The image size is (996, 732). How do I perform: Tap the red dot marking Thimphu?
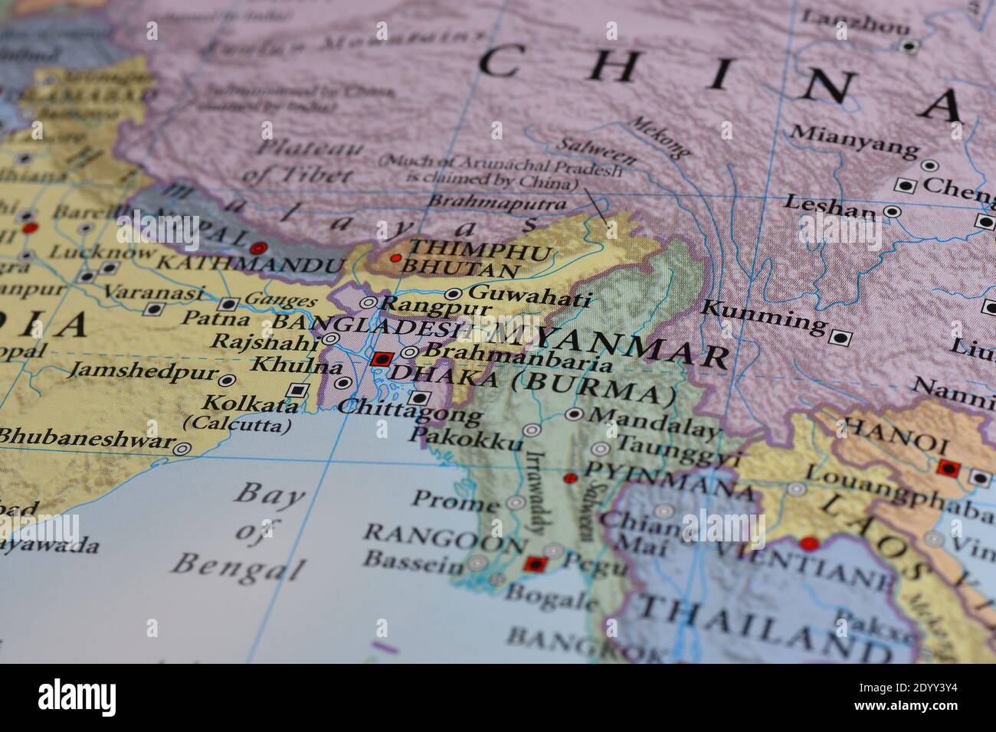(395, 258)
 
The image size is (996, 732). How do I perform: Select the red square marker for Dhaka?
(382, 358)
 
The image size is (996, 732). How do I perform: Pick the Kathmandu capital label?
(249, 266)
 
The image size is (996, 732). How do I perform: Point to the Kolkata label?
(250, 404)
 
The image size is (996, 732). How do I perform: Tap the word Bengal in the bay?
(237, 567)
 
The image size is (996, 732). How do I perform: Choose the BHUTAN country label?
(460, 270)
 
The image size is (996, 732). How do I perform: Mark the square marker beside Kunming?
(840, 336)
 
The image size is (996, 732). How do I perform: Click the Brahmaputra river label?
(497, 203)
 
